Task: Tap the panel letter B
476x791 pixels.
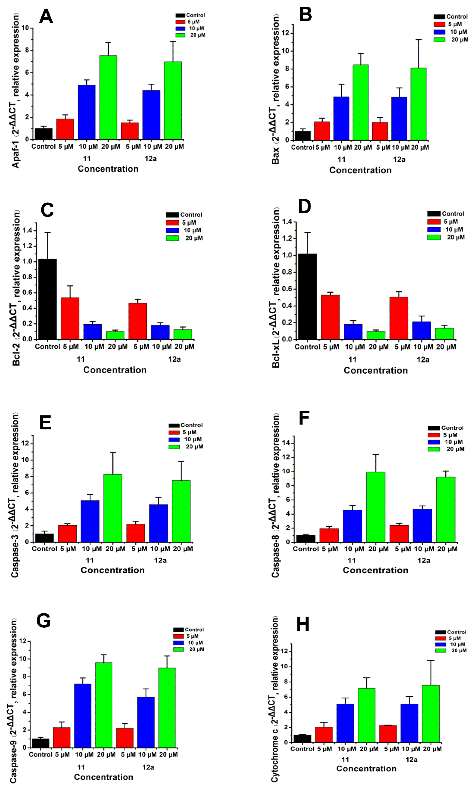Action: point(305,15)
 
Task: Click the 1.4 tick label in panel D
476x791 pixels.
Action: point(287,222)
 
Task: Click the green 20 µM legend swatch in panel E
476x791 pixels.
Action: point(174,447)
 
